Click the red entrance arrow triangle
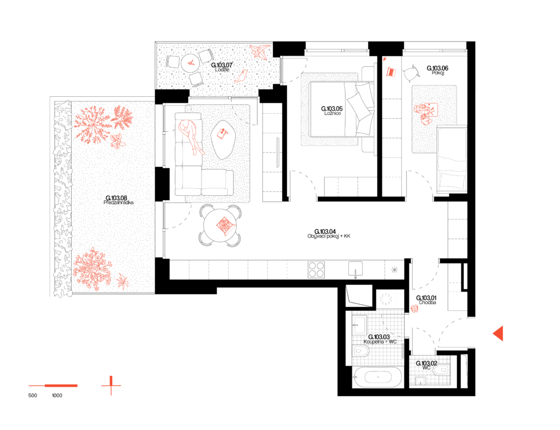498,333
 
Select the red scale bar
54,386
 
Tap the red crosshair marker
111,386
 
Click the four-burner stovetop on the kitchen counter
316,269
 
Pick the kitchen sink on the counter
355,269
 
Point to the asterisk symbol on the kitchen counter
394,270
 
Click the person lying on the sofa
191,136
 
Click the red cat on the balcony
241,76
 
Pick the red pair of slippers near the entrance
415,309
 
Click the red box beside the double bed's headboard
391,72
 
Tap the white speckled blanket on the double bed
333,109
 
